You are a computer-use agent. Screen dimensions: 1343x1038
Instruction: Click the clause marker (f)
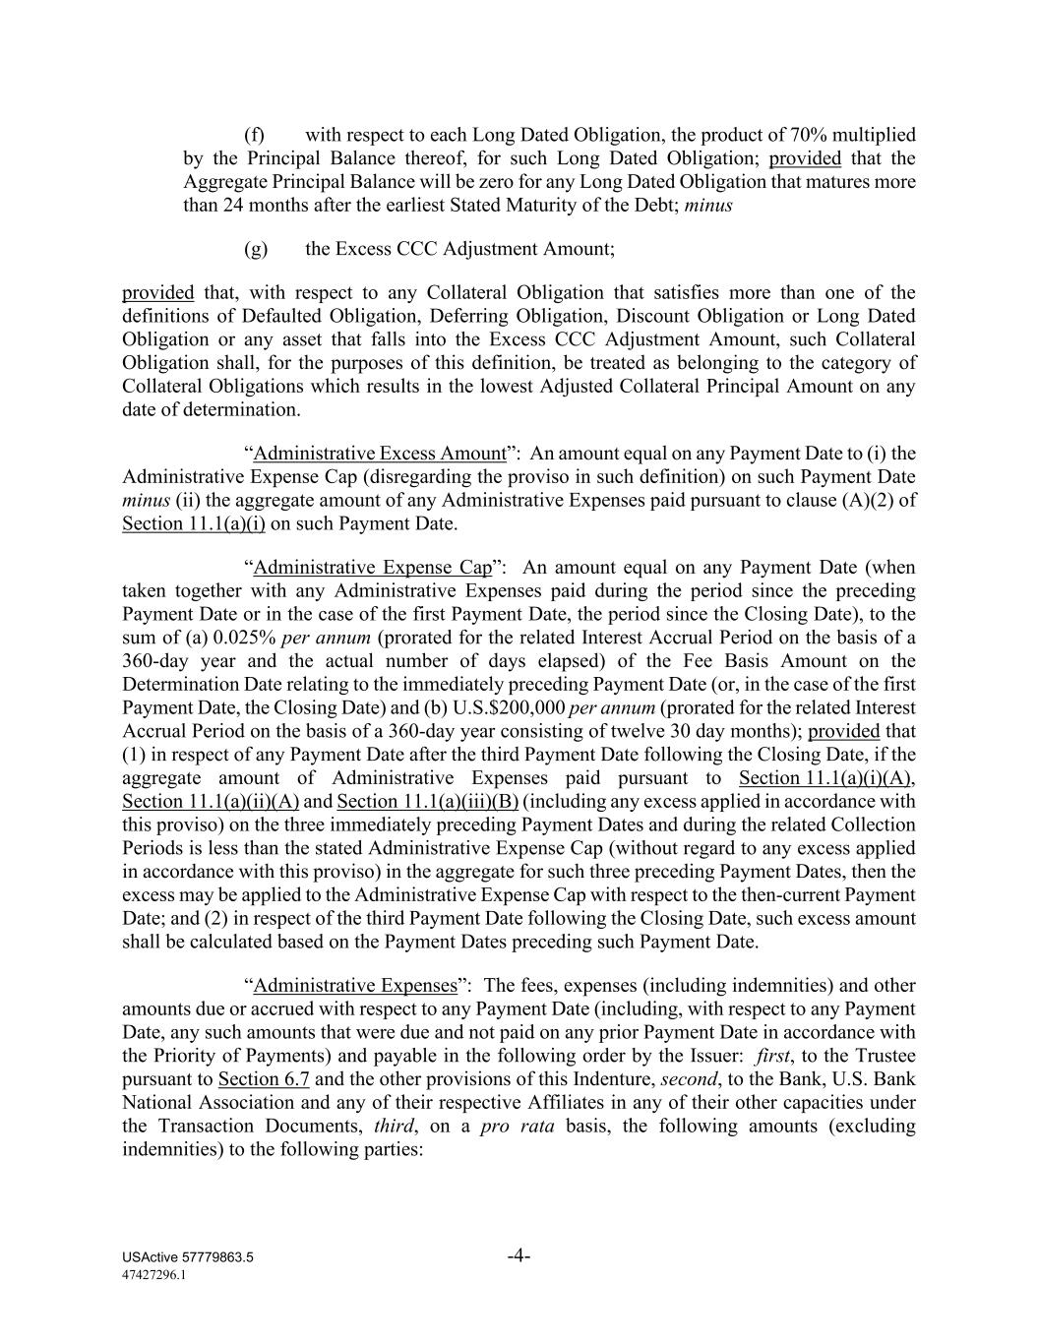point(254,135)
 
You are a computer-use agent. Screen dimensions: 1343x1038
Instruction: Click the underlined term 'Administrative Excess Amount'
point(379,454)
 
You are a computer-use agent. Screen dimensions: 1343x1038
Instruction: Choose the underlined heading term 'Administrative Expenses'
point(355,986)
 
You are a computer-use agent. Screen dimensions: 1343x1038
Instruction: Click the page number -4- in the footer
point(519,1256)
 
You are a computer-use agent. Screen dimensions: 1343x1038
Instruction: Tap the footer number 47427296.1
point(154,1274)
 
